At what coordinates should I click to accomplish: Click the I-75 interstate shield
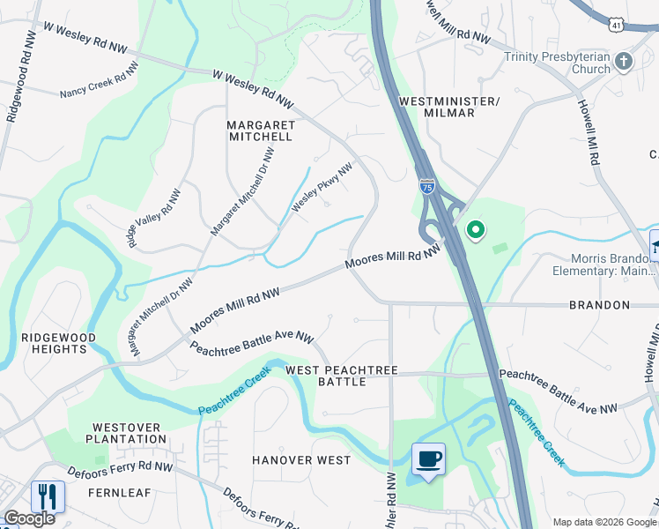tap(426, 187)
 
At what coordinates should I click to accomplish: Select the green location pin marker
tap(476, 231)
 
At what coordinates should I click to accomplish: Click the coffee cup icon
tap(428, 459)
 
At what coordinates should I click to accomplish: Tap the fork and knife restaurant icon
tap(48, 496)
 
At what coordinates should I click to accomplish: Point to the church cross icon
tap(624, 62)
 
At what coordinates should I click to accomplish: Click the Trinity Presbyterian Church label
tap(557, 63)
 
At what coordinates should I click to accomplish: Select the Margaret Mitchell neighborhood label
tap(260, 130)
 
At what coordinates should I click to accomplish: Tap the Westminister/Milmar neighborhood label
tap(449, 107)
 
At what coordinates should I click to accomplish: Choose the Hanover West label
tap(301, 460)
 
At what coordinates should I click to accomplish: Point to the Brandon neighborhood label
tap(598, 305)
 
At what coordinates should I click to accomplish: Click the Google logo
tap(30, 518)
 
